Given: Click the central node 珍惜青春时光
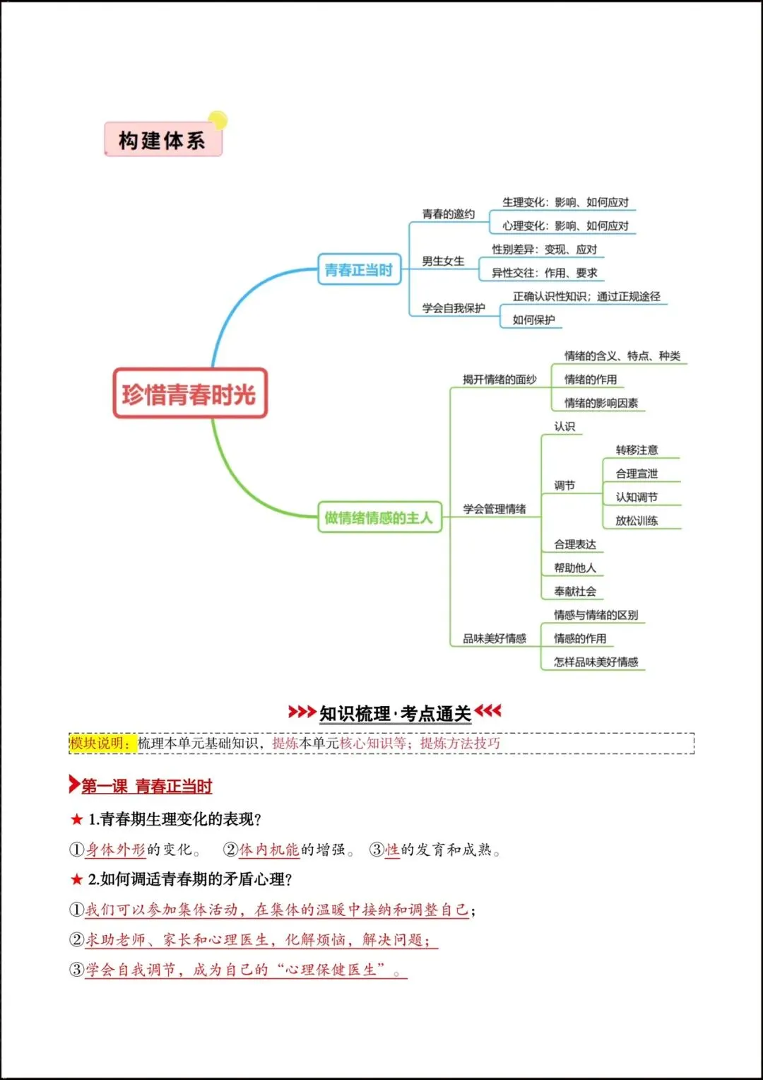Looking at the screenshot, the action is click(x=189, y=394).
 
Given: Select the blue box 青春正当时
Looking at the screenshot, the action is click(x=359, y=270).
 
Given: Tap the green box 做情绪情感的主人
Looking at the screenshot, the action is click(x=379, y=517).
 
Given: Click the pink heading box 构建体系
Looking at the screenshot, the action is click(x=162, y=140).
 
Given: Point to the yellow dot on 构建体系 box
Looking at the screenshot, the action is click(x=218, y=120).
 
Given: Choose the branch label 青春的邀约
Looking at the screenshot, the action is click(x=448, y=214).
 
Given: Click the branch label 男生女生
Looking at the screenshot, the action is click(x=443, y=262).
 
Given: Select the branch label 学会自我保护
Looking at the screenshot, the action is click(x=454, y=308).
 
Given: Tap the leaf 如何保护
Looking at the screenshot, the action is click(x=533, y=320).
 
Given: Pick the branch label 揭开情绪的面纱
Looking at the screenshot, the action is click(x=499, y=380).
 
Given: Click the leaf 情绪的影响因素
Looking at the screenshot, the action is click(x=601, y=403).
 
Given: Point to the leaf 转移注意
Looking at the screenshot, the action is click(x=637, y=450).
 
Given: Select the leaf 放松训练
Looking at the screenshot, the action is click(x=637, y=521).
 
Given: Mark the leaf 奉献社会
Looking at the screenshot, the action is click(x=575, y=592).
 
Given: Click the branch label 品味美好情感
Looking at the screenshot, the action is click(x=495, y=639).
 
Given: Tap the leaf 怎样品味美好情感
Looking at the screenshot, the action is click(x=596, y=662).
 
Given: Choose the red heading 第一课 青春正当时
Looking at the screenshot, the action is click(x=146, y=786).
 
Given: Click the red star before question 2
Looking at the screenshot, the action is click(x=77, y=879).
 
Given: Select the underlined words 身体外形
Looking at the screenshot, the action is click(x=115, y=850).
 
